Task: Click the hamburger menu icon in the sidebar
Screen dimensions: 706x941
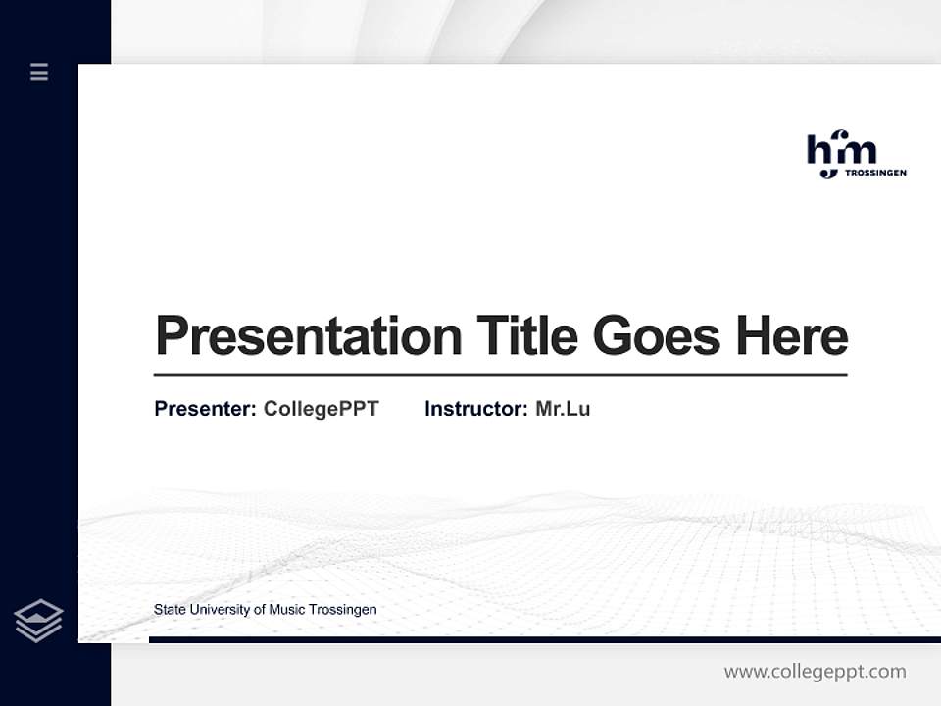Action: point(39,72)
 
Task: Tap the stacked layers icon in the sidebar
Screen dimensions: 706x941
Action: point(38,621)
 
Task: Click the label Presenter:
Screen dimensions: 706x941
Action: point(205,409)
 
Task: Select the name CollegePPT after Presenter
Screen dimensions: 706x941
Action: point(322,409)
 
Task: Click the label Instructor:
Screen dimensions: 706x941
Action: point(475,409)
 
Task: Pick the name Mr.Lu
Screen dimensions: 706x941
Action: point(563,409)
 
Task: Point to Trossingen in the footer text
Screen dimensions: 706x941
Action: point(343,610)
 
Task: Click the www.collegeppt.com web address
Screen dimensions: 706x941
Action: point(815,672)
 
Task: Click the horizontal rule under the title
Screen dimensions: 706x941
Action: point(500,374)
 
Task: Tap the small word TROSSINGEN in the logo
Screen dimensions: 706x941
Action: point(875,173)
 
